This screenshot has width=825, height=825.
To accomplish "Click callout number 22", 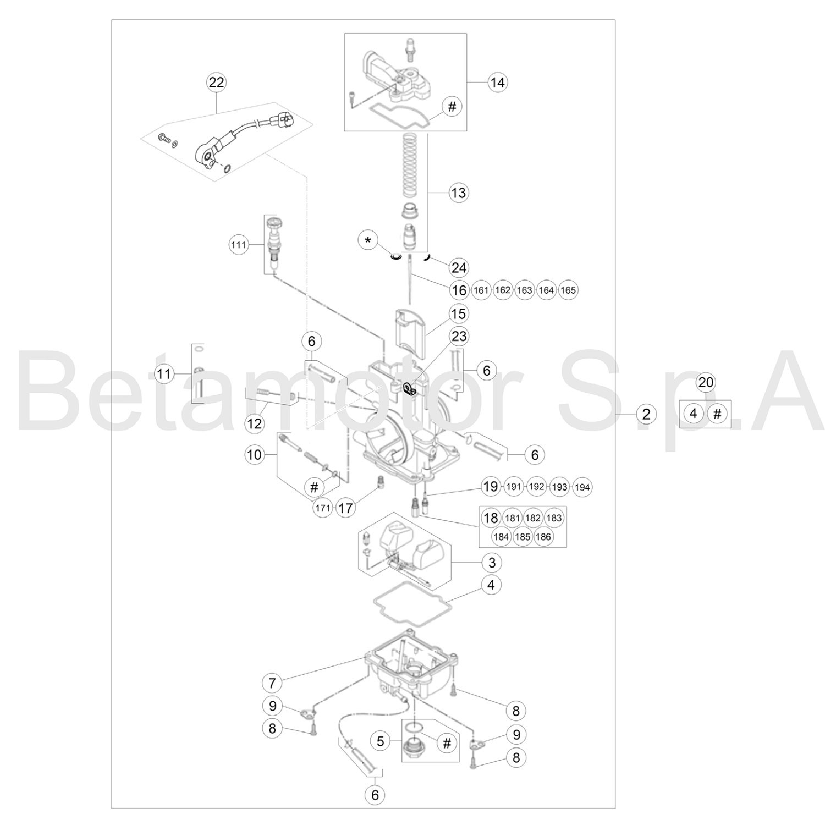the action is point(216,82).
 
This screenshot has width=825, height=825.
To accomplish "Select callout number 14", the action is point(497,82).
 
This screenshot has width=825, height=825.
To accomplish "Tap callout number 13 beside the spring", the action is point(458,193).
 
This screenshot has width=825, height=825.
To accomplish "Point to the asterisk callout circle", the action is point(368,240).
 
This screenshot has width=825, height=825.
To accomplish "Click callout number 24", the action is point(459,267).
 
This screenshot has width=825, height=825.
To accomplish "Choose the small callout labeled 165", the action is point(568,290).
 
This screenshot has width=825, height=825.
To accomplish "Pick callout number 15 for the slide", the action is point(458,314).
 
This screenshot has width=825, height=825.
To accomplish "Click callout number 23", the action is point(459,335).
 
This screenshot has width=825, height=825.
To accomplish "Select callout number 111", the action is point(238,245).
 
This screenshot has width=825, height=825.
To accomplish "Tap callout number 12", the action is point(255,424).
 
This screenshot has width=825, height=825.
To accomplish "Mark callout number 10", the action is point(255,455).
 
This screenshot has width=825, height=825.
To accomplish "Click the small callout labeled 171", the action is point(323,508).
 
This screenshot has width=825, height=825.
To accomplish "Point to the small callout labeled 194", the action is point(582,487).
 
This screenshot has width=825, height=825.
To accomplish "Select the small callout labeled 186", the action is point(543,537).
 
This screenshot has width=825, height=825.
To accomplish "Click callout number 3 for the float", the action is point(492,562).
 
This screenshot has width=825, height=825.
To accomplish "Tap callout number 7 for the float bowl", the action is point(272,683).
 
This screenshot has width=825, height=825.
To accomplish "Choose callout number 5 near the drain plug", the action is point(381,741).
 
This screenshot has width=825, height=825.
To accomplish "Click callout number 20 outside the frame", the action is point(706,382).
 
